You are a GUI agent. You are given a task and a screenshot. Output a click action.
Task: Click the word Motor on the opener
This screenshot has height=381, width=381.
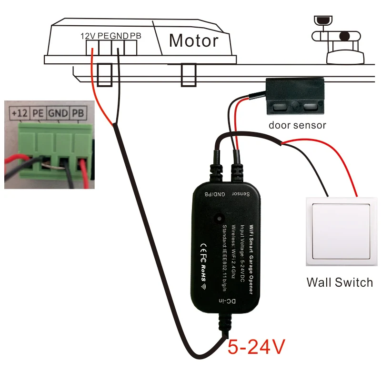coord(194,40)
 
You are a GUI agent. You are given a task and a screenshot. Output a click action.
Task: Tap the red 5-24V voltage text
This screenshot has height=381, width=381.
coord(256,347)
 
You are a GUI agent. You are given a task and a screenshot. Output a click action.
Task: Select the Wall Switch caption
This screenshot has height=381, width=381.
coord(340,282)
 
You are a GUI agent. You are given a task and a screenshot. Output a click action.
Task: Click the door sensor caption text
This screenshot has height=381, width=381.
coord(297,125)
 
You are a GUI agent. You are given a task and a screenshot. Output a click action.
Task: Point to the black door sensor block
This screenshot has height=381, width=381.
coord(295,97)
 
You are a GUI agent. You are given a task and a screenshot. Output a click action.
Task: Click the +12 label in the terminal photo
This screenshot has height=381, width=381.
coord(20,113)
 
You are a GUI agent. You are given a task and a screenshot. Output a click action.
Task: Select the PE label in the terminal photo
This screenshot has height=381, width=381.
coord(38,113)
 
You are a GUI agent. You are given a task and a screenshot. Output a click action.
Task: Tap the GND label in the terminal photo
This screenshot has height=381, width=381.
coord(58,113)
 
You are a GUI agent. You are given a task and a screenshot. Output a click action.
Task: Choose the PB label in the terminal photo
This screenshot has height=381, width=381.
coord(78,113)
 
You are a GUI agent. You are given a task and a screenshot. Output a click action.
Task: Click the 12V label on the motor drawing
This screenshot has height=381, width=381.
coord(88,36)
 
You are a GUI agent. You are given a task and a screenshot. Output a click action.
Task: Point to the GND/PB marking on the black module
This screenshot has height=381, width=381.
coord(215,194)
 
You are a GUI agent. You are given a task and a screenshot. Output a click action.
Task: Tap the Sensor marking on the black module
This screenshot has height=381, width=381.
coord(241,194)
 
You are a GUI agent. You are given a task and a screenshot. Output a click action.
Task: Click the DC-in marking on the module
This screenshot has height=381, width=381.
coord(227,301)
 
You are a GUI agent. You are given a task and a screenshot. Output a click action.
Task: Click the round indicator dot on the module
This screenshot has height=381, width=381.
coord(219,219)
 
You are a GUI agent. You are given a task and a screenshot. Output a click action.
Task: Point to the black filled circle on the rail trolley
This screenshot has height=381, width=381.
coord(344,37)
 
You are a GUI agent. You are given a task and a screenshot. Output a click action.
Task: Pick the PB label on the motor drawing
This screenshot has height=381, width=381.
coord(135,36)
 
